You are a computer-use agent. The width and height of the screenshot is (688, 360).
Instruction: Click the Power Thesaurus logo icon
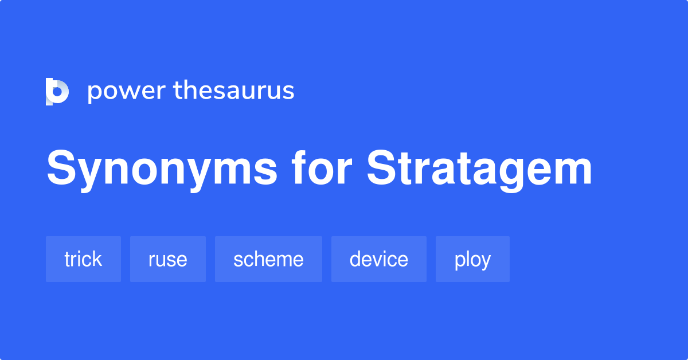click(57, 92)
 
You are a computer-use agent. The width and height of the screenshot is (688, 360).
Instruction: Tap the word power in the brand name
click(127, 92)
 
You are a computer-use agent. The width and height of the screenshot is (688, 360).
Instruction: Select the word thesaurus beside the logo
click(234, 90)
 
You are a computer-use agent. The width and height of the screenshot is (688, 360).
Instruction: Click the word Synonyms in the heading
click(162, 170)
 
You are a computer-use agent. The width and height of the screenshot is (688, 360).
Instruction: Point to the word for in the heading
click(321, 168)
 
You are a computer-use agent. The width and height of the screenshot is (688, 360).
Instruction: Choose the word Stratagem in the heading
click(479, 170)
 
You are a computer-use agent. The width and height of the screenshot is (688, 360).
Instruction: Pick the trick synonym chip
click(83, 259)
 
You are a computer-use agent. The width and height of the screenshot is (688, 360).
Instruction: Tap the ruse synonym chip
click(167, 259)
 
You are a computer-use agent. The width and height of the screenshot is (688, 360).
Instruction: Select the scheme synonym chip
click(268, 259)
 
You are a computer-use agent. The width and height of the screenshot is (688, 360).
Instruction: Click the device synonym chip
click(379, 259)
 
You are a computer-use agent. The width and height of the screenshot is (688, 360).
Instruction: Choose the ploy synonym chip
click(472, 259)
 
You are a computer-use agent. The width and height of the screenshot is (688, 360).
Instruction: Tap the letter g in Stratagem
click(503, 174)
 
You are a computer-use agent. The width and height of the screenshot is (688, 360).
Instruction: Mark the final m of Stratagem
click(570, 172)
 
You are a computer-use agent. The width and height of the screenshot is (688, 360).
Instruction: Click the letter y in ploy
click(485, 262)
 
